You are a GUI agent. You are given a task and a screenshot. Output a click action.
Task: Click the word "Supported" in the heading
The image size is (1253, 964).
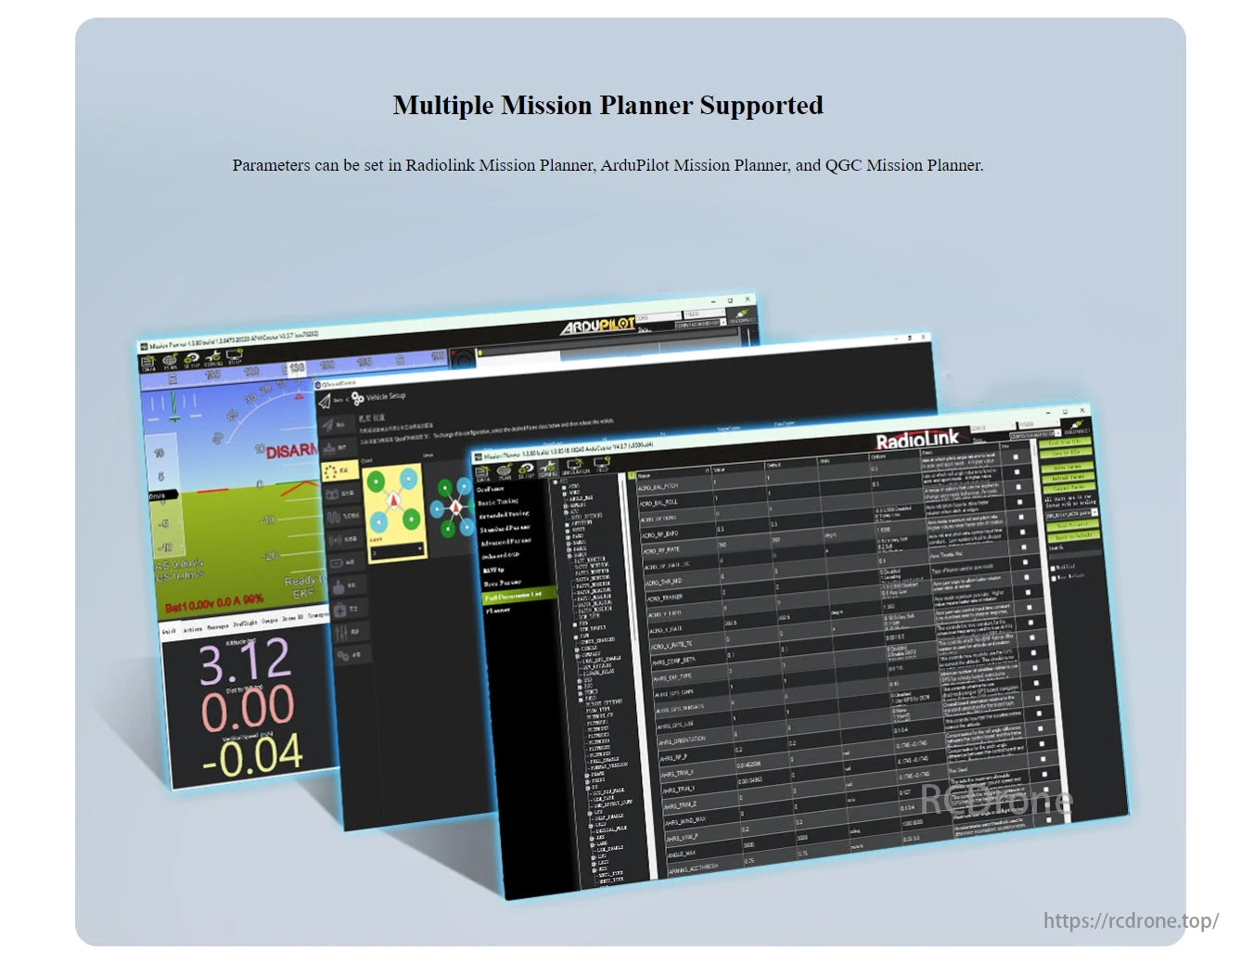(x=761, y=106)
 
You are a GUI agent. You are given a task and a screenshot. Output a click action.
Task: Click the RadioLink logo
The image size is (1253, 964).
(x=917, y=439)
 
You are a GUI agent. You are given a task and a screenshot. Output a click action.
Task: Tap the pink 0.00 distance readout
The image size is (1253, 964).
(x=248, y=708)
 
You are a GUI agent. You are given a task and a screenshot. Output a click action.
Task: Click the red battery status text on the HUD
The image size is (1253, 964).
(x=214, y=604)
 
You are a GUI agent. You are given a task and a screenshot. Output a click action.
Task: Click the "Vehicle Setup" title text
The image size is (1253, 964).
(x=386, y=397)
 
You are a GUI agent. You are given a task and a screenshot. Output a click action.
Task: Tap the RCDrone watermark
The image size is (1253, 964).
(x=996, y=800)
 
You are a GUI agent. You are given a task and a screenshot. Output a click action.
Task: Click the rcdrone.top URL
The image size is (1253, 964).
(x=1131, y=920)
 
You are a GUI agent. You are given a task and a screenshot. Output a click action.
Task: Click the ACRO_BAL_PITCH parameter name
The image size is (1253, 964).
(x=658, y=486)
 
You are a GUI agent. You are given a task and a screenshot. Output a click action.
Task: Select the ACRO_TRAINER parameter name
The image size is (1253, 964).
(x=665, y=598)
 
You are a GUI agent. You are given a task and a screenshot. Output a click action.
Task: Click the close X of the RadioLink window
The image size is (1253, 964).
(x=1082, y=409)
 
